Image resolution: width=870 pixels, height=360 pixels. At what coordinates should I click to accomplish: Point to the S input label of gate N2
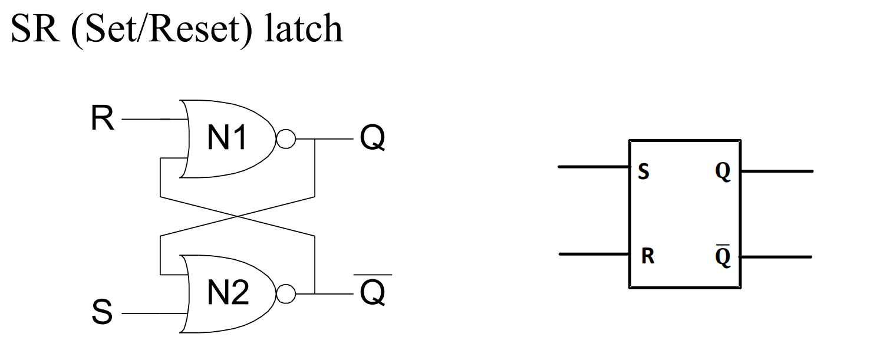coord(102,313)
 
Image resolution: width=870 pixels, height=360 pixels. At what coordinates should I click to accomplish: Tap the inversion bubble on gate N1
coord(286,140)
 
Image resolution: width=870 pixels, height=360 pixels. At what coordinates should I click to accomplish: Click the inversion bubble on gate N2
coord(286,293)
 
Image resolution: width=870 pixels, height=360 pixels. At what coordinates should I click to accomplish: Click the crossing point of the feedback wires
coord(238,216)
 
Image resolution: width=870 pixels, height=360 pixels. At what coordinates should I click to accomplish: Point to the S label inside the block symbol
coord(644,173)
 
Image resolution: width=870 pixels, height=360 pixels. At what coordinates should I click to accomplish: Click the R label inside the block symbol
coord(647,257)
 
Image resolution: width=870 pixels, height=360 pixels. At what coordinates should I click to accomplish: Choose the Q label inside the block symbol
coord(723,172)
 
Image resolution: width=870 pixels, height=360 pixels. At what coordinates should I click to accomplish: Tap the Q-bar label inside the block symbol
coord(723,257)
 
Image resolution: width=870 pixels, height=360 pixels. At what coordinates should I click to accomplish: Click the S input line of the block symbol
coord(593,167)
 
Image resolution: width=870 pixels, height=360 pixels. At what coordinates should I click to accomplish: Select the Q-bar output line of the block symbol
coord(776,257)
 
